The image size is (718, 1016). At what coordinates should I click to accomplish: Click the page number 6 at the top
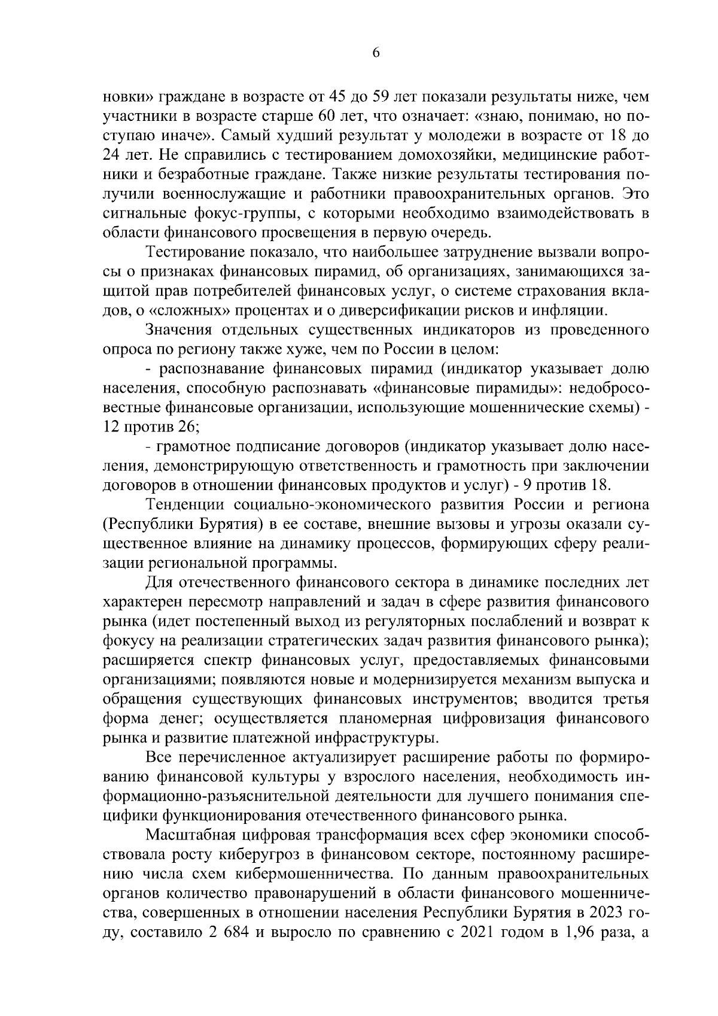point(376,53)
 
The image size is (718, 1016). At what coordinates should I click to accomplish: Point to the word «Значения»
point(176,330)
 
